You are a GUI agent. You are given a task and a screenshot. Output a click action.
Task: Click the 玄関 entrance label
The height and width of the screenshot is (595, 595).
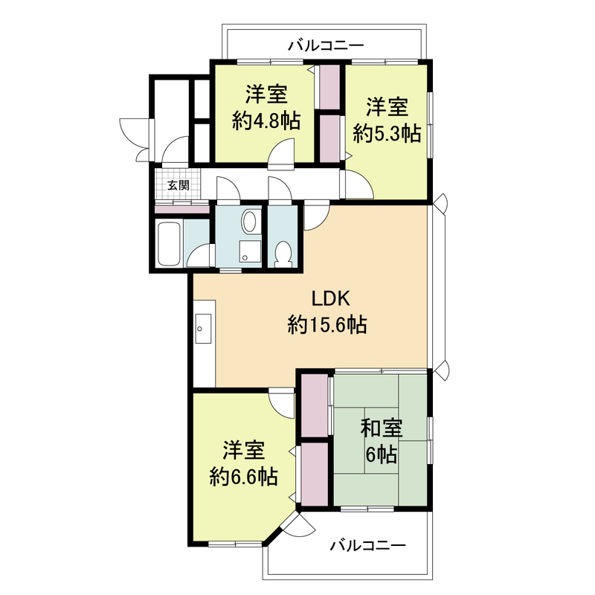click(178, 185)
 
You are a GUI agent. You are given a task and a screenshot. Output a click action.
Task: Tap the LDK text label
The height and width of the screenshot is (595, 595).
click(326, 299)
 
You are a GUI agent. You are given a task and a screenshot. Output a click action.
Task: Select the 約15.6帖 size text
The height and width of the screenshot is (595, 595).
click(326, 325)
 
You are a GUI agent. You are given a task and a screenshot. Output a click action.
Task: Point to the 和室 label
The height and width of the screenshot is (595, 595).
click(382, 429)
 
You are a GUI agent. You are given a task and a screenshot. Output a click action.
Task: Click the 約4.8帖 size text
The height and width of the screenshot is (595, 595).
click(266, 121)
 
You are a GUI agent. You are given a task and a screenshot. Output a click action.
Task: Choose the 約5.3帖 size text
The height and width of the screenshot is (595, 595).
click(387, 133)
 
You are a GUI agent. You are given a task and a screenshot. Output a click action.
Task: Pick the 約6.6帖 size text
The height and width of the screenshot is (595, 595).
click(244, 476)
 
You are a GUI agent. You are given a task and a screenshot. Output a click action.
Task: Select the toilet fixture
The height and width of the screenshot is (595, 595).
click(283, 254)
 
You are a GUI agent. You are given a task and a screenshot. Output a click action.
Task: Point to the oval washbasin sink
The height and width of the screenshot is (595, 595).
click(250, 222)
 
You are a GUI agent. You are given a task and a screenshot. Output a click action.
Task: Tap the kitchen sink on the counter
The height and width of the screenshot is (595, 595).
click(203, 326)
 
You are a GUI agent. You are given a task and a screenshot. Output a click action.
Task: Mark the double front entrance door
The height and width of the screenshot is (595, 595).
click(135, 138)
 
